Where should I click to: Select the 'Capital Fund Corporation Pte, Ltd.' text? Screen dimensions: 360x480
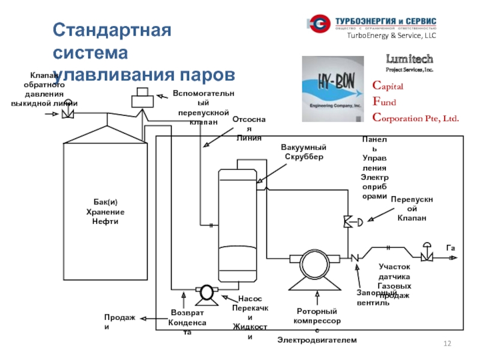(x=415, y=102)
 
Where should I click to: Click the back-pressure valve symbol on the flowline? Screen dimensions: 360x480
(x=67, y=111)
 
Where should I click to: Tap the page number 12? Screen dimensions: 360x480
(x=446, y=343)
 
